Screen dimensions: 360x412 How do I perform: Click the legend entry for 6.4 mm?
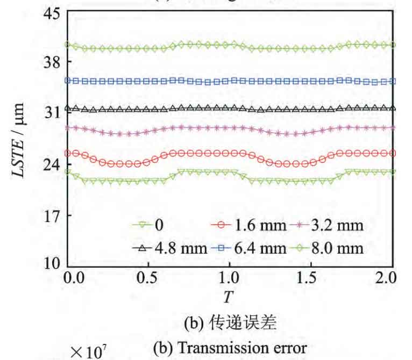click(250, 248)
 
